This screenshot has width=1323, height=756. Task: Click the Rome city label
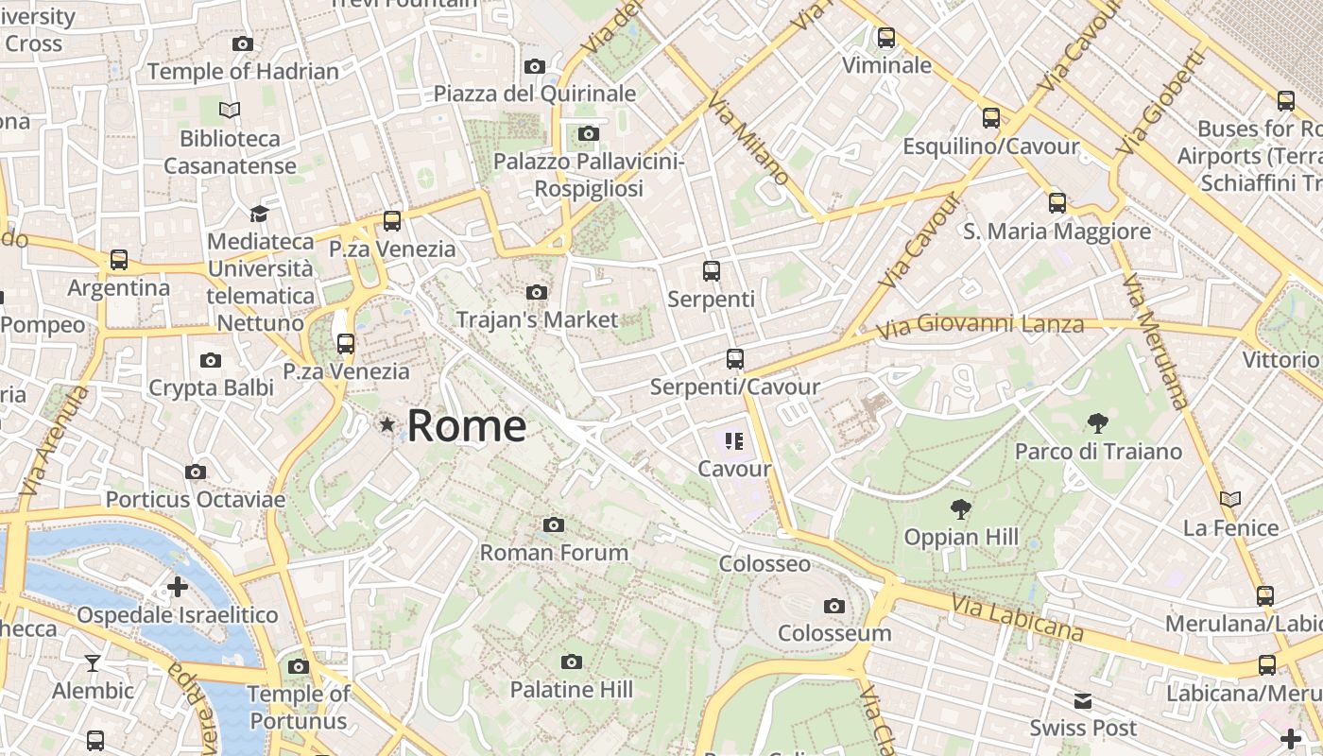pyautogui.click(x=466, y=425)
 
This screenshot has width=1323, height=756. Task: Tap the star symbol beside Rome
pyautogui.click(x=387, y=425)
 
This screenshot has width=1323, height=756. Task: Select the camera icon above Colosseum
pyautogui.click(x=833, y=606)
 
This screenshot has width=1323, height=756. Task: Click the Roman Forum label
pyautogui.click(x=554, y=552)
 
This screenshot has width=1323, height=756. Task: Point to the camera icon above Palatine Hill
pyautogui.click(x=571, y=661)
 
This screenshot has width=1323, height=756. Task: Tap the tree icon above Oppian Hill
pyautogui.click(x=961, y=509)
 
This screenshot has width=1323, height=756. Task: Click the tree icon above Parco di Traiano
pyautogui.click(x=1097, y=422)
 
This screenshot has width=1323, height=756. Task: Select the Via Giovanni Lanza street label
pyautogui.click(x=980, y=327)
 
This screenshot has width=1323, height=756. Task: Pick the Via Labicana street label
pyautogui.click(x=1017, y=617)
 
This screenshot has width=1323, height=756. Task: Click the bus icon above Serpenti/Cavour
pyautogui.click(x=734, y=359)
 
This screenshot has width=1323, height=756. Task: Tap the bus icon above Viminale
pyautogui.click(x=885, y=38)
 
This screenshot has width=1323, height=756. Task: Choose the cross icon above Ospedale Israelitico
pyautogui.click(x=177, y=588)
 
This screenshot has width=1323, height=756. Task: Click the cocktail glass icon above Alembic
pyautogui.click(x=93, y=662)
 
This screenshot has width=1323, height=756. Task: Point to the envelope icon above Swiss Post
pyautogui.click(x=1082, y=700)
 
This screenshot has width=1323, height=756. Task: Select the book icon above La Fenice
pyautogui.click(x=1229, y=499)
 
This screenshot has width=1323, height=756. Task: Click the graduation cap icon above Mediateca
pyautogui.click(x=259, y=214)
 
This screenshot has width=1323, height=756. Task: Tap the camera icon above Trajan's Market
pyautogui.click(x=537, y=293)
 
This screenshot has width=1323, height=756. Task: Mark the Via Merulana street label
pyautogui.click(x=1154, y=341)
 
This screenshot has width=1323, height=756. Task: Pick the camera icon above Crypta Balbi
pyautogui.click(x=211, y=360)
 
